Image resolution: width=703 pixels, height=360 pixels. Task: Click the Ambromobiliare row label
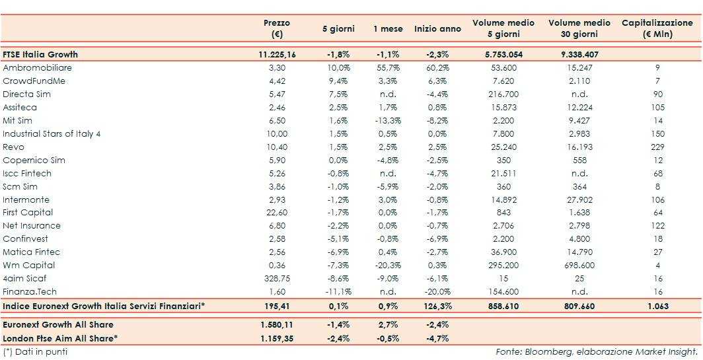coord(37,68)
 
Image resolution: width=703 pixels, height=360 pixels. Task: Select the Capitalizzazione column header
coord(657,28)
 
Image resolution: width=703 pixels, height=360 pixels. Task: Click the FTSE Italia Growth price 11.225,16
coord(277,55)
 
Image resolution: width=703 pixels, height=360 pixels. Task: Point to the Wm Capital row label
coord(29,266)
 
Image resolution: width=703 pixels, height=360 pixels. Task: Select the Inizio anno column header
coord(437,29)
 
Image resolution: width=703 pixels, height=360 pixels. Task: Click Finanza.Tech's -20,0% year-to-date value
coord(437,292)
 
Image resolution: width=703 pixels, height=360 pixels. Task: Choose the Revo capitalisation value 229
coord(657,147)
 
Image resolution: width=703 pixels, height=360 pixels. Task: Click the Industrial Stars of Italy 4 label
coord(52,133)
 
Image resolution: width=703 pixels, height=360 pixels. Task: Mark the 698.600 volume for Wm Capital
coord(579,266)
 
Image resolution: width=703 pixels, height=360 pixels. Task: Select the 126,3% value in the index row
coord(437,306)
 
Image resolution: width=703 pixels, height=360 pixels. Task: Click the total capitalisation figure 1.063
coord(657,306)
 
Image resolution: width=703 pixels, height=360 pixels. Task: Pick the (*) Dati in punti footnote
coord(35,351)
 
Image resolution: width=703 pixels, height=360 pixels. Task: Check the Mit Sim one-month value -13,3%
coord(386,121)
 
